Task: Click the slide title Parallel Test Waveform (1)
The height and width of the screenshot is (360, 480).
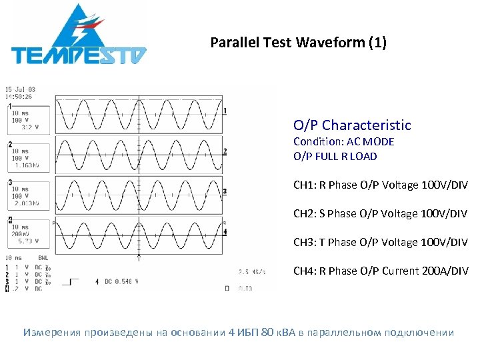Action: pyautogui.click(x=298, y=43)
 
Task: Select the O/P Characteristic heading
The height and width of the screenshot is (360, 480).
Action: pyautogui.click(x=352, y=125)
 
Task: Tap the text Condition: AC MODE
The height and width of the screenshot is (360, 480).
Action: pyautogui.click(x=343, y=142)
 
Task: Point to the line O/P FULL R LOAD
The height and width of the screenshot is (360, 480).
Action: pyautogui.click(x=335, y=157)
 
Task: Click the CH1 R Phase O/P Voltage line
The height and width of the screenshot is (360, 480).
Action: pyautogui.click(x=380, y=185)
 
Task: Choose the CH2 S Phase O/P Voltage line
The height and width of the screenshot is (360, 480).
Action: pyautogui.click(x=380, y=213)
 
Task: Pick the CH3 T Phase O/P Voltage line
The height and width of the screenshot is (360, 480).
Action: pyautogui.click(x=380, y=242)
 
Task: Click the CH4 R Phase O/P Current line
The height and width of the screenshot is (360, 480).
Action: pyautogui.click(x=380, y=271)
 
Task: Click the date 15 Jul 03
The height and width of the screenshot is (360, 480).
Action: pyautogui.click(x=20, y=89)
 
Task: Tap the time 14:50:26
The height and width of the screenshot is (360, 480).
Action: pyautogui.click(x=19, y=97)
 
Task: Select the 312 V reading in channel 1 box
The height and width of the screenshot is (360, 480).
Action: pyautogui.click(x=30, y=127)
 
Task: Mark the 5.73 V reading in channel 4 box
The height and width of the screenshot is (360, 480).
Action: pyautogui.click(x=28, y=241)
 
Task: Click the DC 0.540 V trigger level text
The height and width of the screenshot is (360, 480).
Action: pyautogui.click(x=121, y=282)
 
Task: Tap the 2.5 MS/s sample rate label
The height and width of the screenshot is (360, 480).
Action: pyautogui.click(x=253, y=271)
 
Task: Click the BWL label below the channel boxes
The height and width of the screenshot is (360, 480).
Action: pyautogui.click(x=43, y=257)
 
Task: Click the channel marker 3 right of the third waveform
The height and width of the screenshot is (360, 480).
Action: pyautogui.click(x=225, y=191)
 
